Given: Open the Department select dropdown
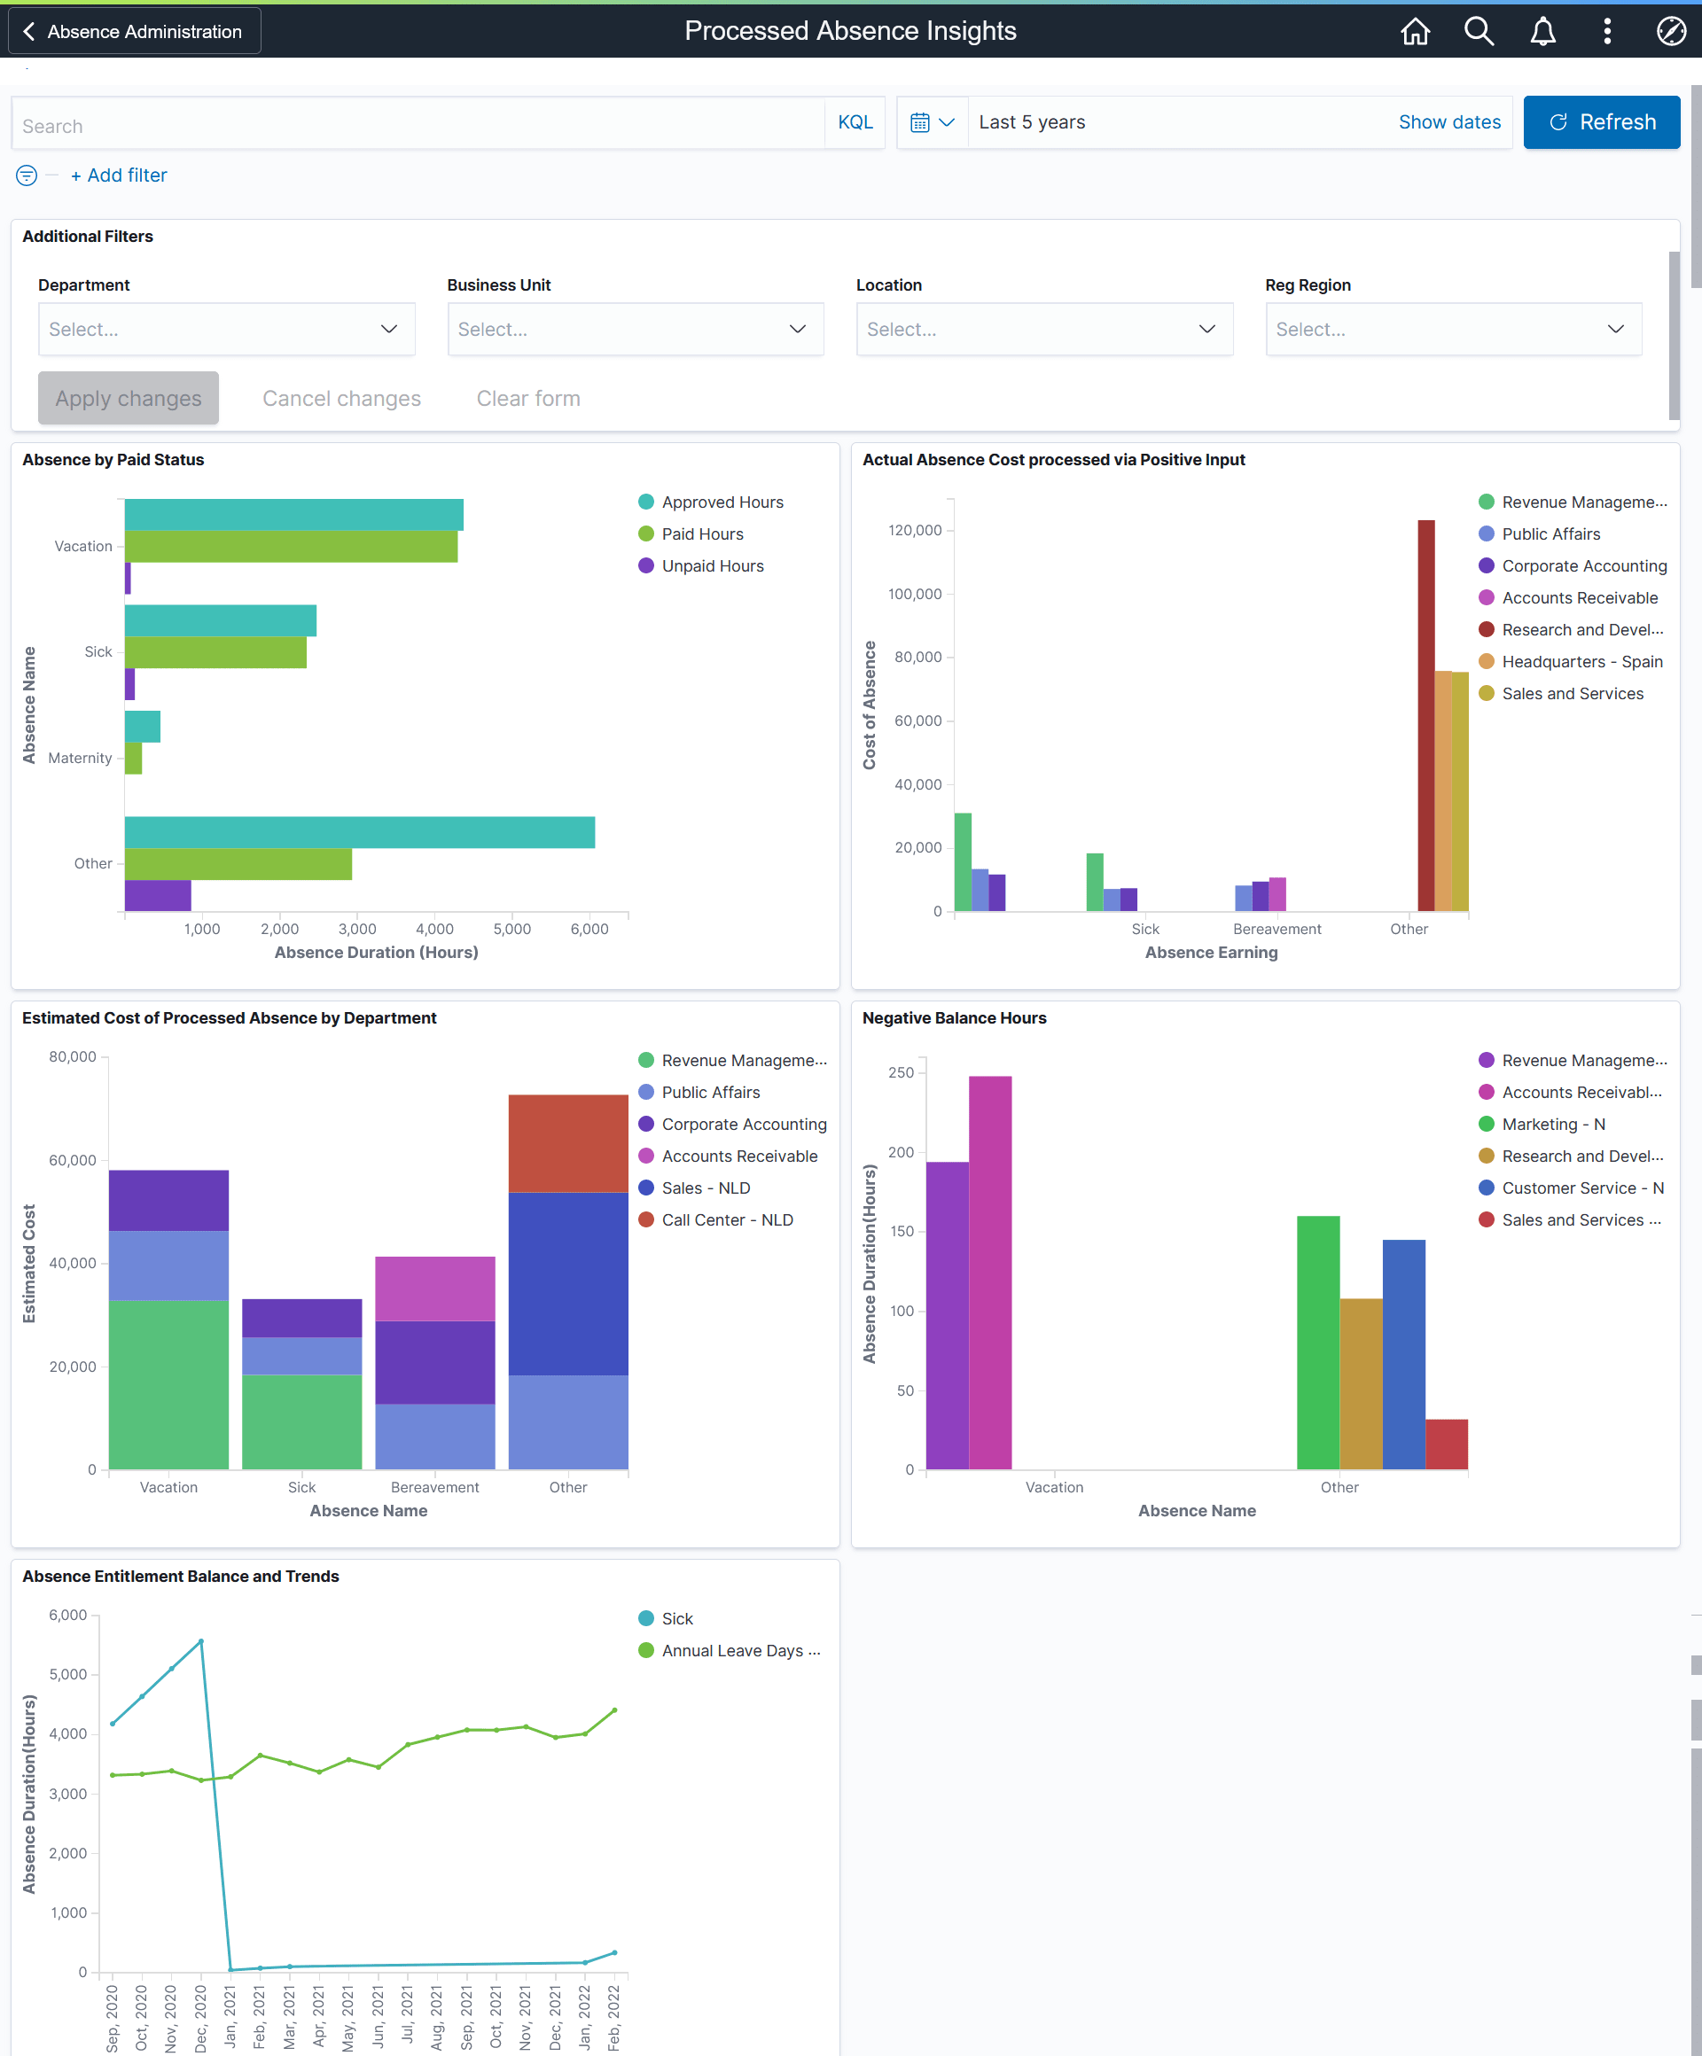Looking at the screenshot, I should pos(226,329).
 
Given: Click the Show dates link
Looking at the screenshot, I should pos(1448,122).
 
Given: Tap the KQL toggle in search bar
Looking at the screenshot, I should pos(854,122).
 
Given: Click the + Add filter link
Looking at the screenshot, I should pos(119,175).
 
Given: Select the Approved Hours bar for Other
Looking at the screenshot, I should pos(358,832).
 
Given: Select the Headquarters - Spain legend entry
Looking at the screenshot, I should pos(1581,662).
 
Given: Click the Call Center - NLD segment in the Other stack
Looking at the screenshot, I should pos(567,1142).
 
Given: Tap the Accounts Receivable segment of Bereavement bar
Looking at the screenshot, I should pos(434,1289).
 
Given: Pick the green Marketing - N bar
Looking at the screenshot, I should pos(1317,1342).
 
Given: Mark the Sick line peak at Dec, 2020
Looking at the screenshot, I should pos(200,1641).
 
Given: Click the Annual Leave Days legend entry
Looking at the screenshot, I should pos(739,1651).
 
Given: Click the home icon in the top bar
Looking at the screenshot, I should pos(1414,31).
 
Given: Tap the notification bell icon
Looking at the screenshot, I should pos(1542,31).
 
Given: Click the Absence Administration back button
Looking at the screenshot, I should pos(134,31).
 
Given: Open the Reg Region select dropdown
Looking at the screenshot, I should pos(1452,329).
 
